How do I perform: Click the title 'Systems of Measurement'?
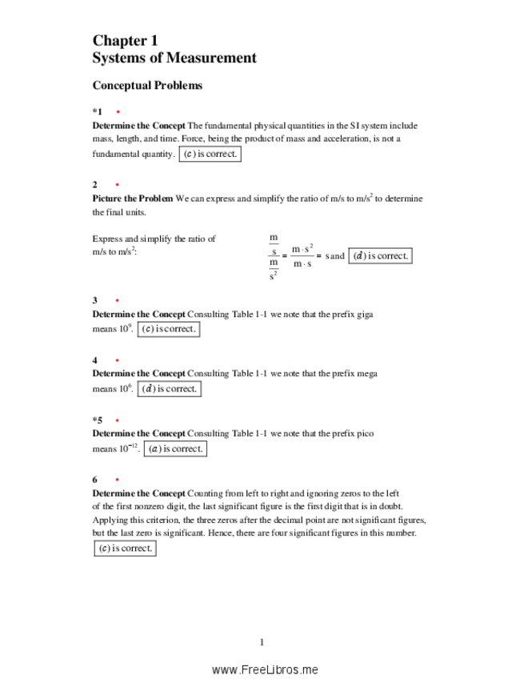pyautogui.click(x=174, y=58)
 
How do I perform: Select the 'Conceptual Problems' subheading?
pyautogui.click(x=147, y=85)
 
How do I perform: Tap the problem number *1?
pyautogui.click(x=97, y=112)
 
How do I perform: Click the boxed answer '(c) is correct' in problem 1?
pyautogui.click(x=210, y=154)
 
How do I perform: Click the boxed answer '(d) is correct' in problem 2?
pyautogui.click(x=381, y=256)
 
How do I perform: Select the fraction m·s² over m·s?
pyautogui.click(x=302, y=256)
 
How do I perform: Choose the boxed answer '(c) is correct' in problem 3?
pyautogui.click(x=168, y=329)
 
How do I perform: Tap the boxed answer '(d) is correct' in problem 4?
pyautogui.click(x=168, y=389)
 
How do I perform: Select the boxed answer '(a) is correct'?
pyautogui.click(x=175, y=448)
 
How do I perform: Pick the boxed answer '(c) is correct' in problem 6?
pyautogui.click(x=125, y=548)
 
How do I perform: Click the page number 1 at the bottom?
pyautogui.click(x=262, y=641)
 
